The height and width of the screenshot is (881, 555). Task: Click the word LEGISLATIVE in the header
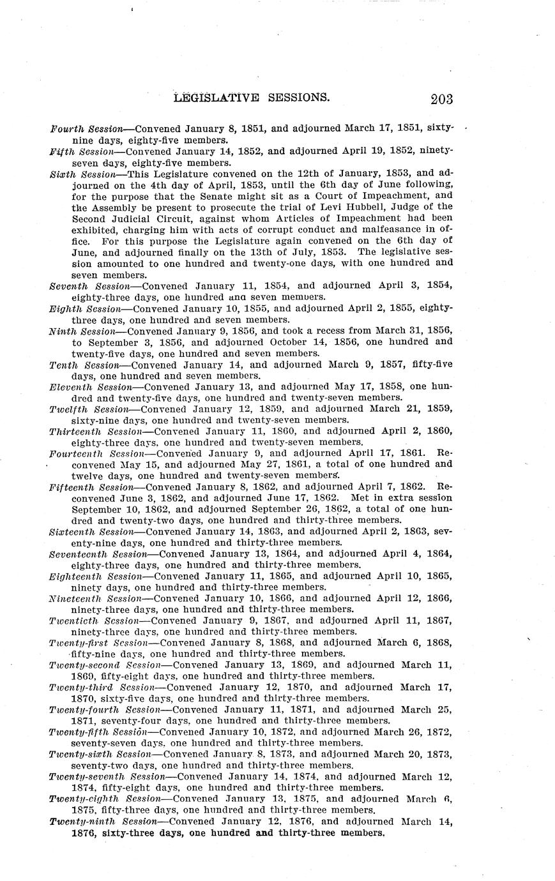(217, 98)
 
